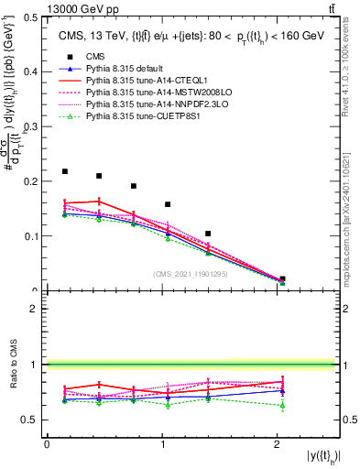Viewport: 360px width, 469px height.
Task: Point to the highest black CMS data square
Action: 65,171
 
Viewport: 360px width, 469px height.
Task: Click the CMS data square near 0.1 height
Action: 209,234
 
